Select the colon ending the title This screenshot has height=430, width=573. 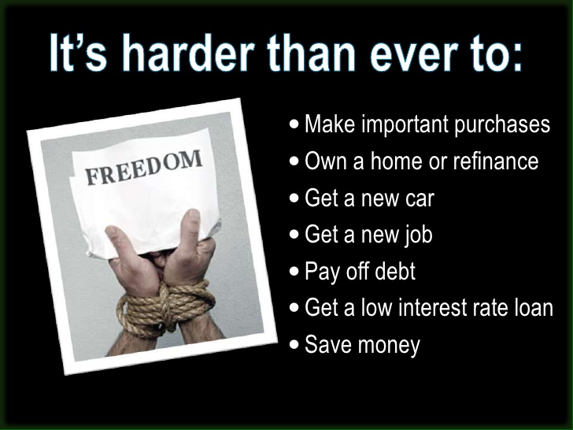pos(517,57)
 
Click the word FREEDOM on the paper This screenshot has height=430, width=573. pos(143,168)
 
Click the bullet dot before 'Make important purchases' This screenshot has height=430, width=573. pos(294,124)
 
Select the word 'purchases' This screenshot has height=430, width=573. pos(502,125)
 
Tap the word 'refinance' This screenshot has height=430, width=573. pos(496,161)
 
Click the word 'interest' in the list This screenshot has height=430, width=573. pos(432,307)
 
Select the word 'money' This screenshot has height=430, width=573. pos(391,346)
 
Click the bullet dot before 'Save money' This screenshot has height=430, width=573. pos(294,344)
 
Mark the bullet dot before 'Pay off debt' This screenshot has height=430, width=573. pos(294,271)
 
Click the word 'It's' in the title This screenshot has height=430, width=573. pos(78,53)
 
